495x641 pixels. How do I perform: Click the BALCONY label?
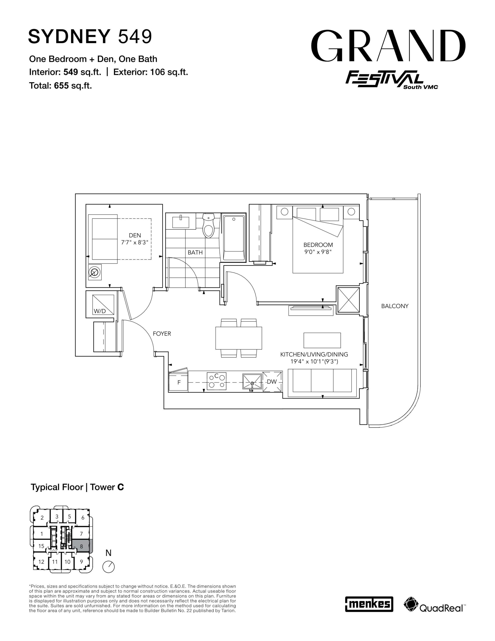point(395,306)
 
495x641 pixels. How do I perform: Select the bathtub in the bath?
point(234,238)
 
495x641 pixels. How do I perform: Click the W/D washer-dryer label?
point(100,311)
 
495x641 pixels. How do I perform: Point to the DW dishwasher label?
point(272,382)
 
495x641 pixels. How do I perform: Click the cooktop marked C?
point(216,381)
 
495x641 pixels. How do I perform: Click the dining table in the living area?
point(238,338)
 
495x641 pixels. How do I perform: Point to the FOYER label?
point(162,334)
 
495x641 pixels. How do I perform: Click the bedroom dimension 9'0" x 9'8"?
point(318,252)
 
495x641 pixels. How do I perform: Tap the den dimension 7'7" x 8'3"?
point(135,242)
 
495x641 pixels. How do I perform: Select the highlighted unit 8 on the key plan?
point(82,547)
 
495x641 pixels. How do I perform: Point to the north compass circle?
point(109,566)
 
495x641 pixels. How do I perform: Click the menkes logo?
point(369,604)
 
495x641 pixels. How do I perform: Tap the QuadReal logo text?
point(441,607)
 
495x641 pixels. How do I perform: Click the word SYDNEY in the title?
point(69,37)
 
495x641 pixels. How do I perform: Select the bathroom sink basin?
point(181,222)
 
